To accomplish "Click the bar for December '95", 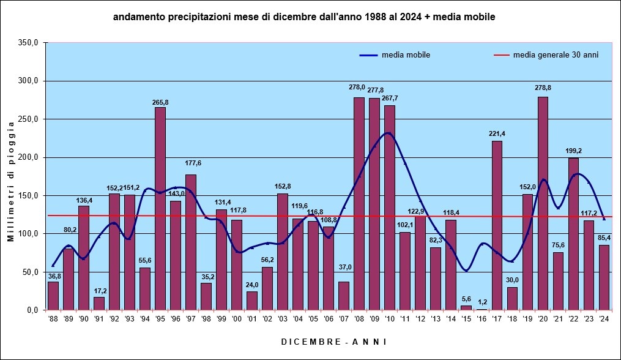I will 160,208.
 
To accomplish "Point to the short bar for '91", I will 99,304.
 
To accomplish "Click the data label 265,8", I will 160,102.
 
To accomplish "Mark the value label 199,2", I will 573,151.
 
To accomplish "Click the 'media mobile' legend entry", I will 405,55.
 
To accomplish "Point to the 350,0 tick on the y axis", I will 28,43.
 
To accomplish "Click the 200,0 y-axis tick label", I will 28,157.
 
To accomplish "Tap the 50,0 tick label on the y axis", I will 30,272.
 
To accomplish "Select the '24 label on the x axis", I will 604,318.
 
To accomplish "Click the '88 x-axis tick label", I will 53,318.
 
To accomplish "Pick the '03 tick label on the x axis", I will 283,318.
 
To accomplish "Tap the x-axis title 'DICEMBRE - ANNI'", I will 334,342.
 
